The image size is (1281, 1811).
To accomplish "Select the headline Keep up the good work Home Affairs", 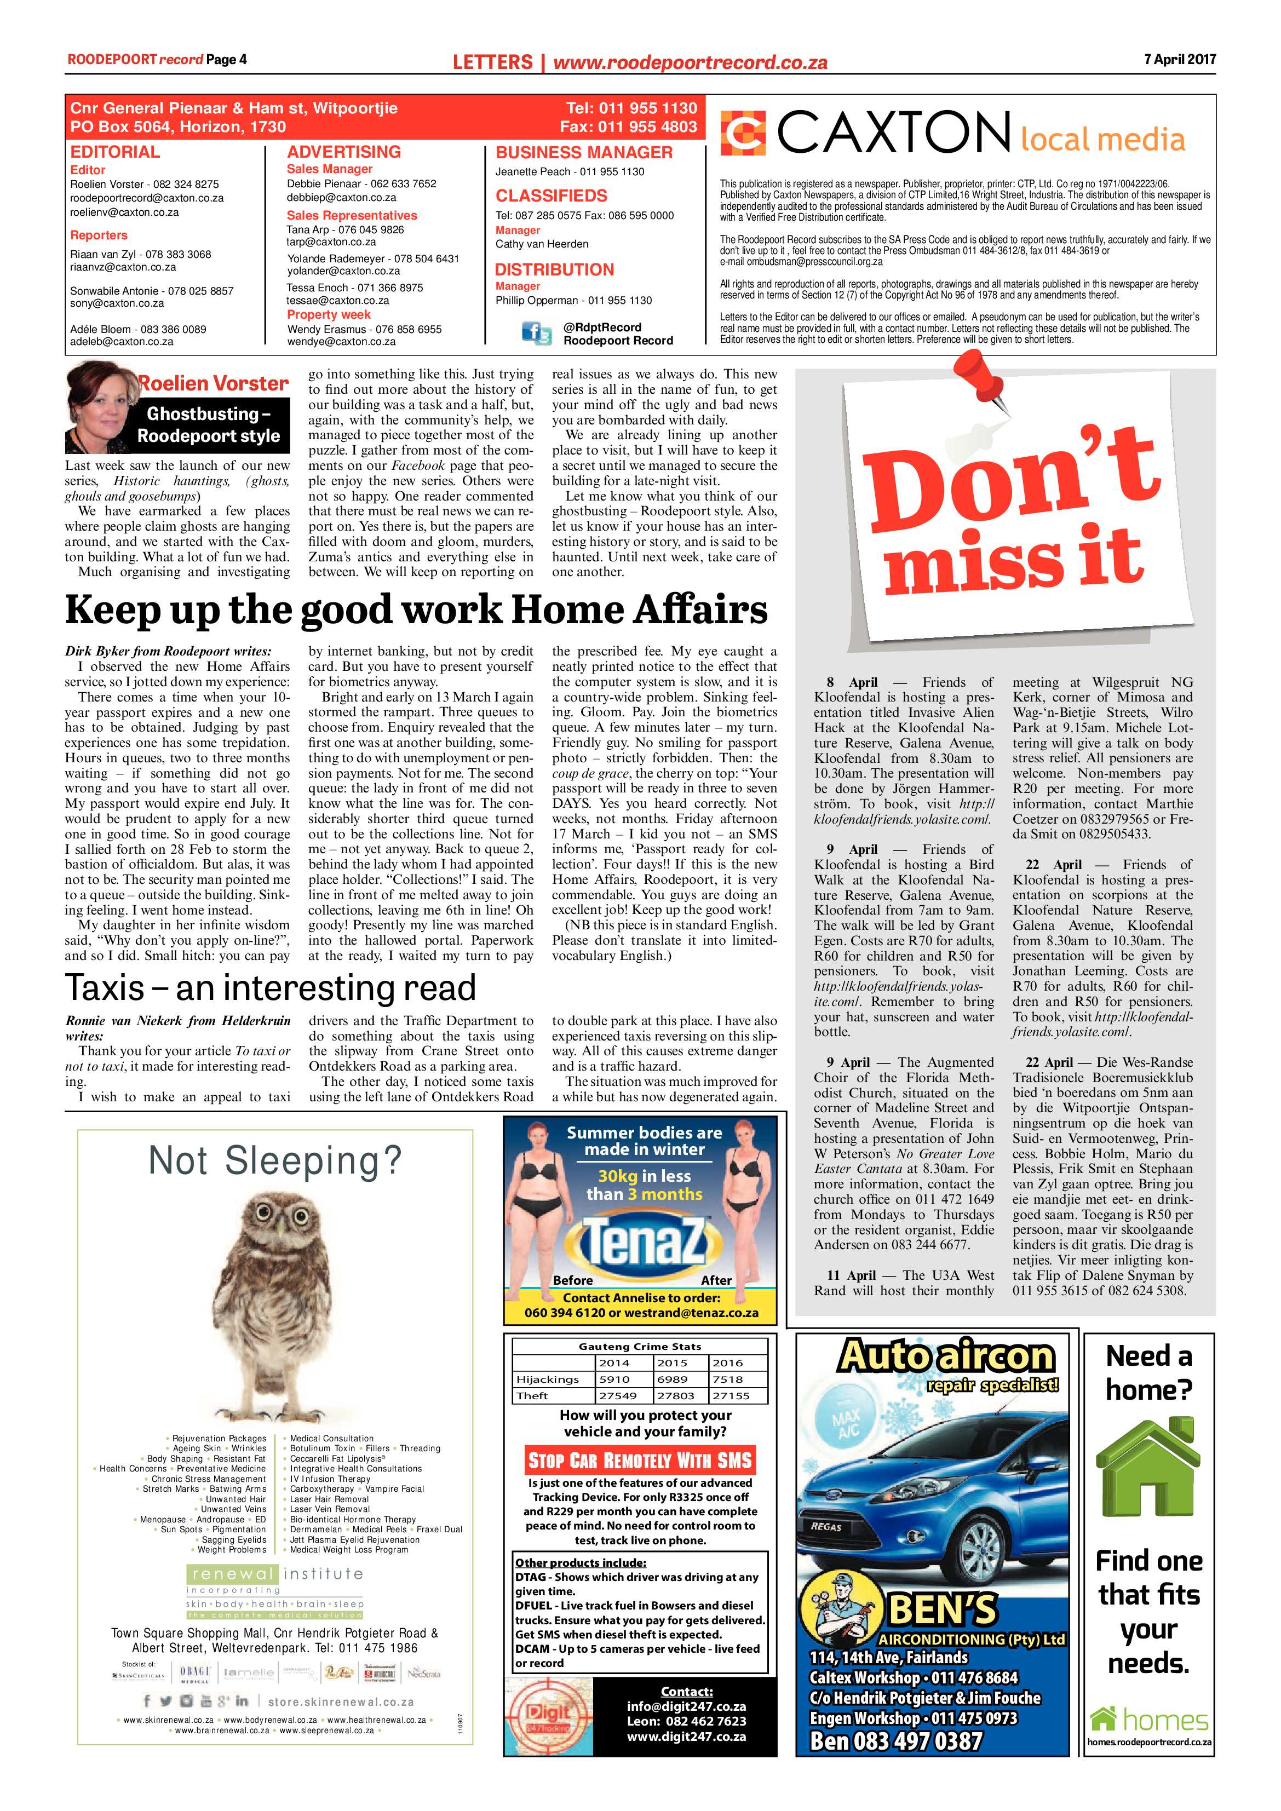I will point(416,610).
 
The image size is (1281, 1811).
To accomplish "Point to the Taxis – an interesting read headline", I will point(271,987).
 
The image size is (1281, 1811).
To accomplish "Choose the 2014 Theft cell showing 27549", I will point(614,1395).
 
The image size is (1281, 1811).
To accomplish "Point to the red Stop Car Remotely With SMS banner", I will point(640,1460).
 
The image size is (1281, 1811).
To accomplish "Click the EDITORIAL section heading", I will point(115,152).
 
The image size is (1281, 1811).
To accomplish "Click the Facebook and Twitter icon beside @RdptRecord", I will point(537,334).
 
